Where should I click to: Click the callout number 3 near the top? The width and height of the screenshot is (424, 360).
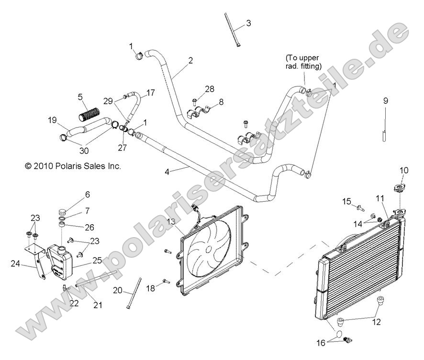(x=248, y=23)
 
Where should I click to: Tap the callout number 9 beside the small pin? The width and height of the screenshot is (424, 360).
(x=385, y=101)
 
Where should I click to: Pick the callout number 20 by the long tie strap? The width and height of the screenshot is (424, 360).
(x=118, y=290)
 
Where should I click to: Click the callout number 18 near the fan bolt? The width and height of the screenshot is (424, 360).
(x=151, y=288)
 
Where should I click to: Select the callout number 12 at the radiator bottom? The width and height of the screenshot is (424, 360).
(x=377, y=322)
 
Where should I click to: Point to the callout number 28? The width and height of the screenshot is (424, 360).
(x=210, y=89)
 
